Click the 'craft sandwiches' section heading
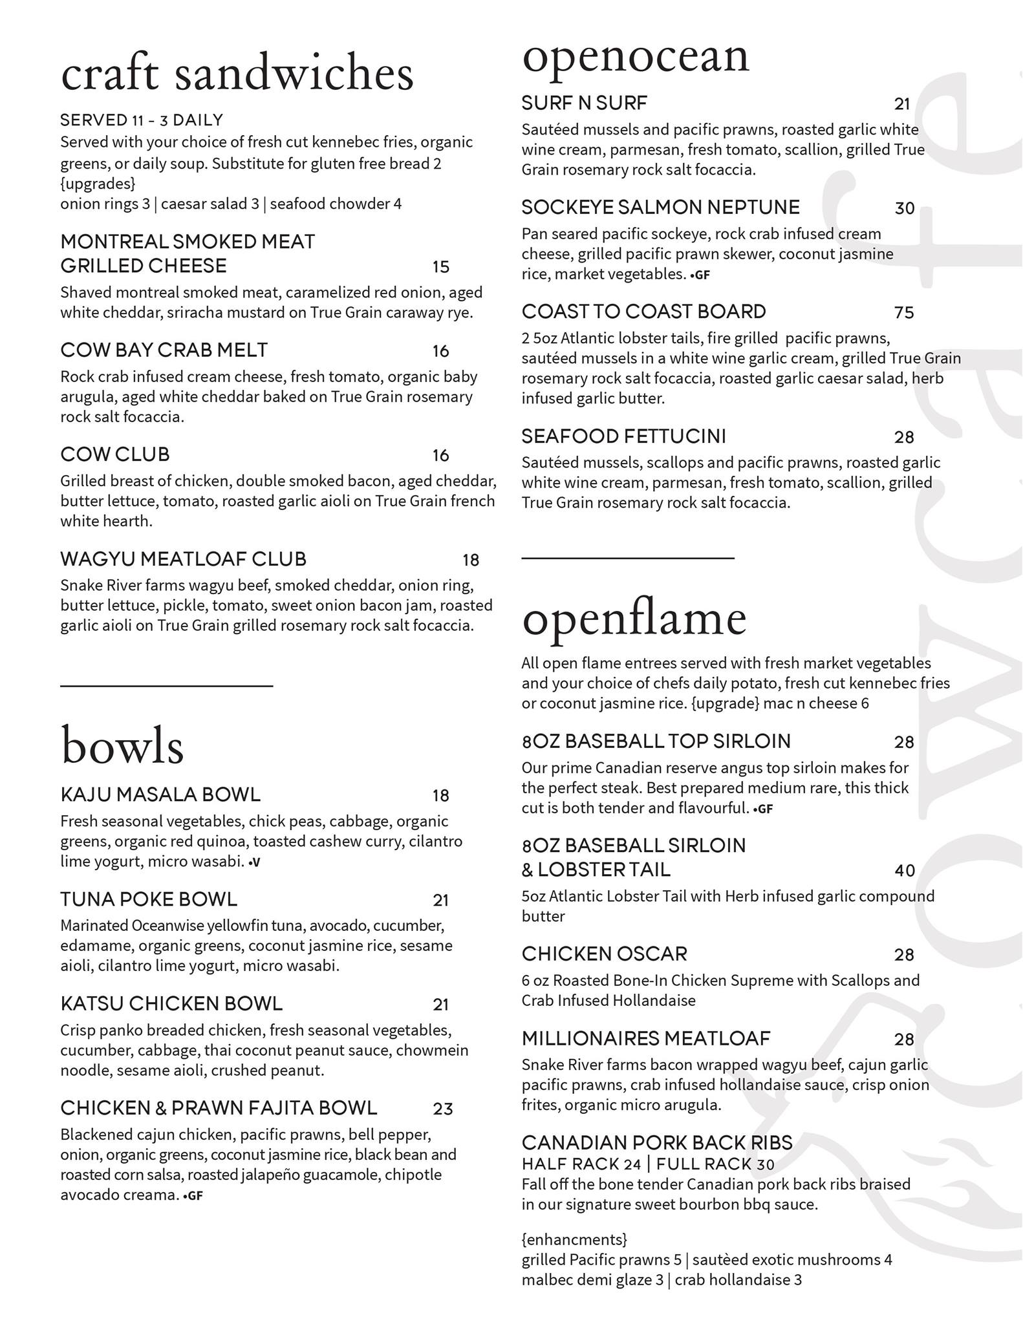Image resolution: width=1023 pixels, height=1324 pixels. pos(237,74)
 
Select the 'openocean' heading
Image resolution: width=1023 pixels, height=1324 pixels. pos(635,57)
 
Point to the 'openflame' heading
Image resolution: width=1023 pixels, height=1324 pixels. pos(634,619)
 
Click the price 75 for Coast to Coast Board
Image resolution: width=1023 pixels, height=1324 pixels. pos(904,313)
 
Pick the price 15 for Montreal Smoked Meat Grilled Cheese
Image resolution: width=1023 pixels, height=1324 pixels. pos(441,267)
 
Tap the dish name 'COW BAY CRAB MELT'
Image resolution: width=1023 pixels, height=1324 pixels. pos(164,350)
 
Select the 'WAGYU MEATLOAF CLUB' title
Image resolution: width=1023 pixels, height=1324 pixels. pos(183,559)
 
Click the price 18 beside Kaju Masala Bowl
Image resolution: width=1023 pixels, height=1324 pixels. pos(441,796)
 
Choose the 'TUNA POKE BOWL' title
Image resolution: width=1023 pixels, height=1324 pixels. pos(149,899)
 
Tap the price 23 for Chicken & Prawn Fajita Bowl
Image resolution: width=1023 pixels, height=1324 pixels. pos(443,1109)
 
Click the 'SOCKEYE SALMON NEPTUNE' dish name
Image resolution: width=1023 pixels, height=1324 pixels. pos(660,208)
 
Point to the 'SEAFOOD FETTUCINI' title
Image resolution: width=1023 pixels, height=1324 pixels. pos(624,436)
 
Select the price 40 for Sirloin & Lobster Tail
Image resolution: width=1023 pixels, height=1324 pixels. pos(905,871)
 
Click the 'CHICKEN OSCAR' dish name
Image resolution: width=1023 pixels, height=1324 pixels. pos(605,954)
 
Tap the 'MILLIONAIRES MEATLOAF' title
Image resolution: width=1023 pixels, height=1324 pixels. pos(646,1039)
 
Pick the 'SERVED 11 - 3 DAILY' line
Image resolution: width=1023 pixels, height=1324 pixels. pos(142,120)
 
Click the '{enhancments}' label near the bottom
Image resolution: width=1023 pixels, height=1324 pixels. pos(574,1239)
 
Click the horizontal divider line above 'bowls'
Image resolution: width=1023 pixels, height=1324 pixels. pos(166,685)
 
